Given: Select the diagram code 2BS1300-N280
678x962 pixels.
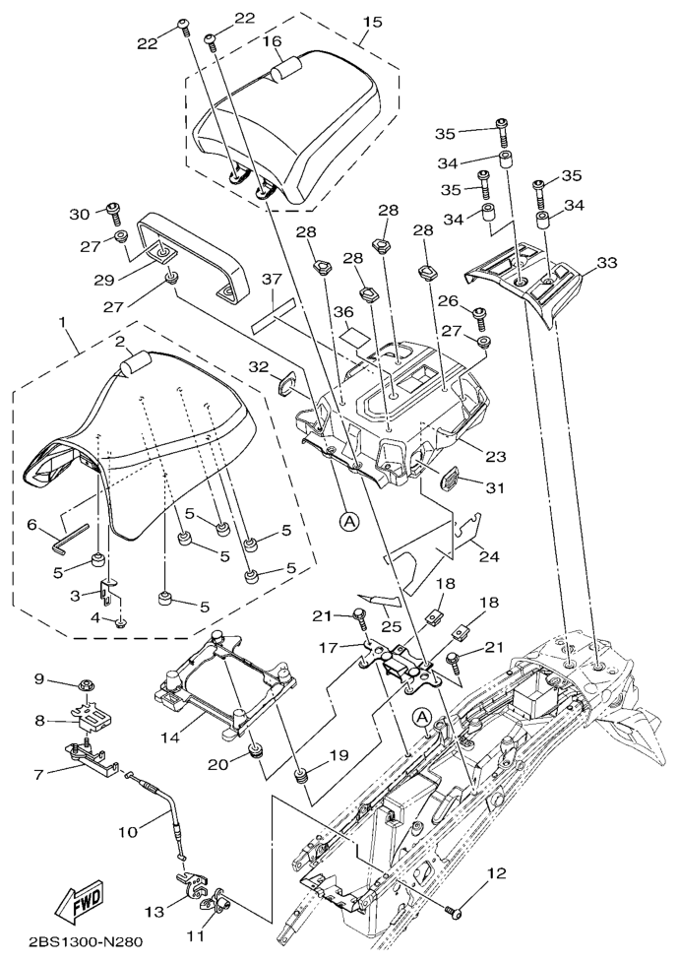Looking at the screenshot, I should pos(86,941).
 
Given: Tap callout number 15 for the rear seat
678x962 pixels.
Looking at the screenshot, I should pos(372,22).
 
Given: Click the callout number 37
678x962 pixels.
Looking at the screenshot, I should pos(272,281).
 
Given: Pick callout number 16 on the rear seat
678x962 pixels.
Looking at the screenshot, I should pos(272,41).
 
